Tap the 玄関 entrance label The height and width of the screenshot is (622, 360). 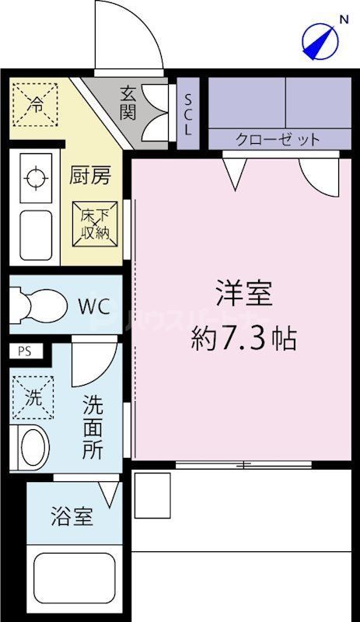click(x=128, y=103)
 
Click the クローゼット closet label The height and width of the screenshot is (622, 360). click(x=278, y=140)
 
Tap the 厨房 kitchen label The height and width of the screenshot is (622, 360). click(x=92, y=175)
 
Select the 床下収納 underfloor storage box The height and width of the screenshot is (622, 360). click(x=96, y=222)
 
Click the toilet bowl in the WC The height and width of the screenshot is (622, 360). click(x=39, y=302)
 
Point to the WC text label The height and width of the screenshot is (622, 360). click(x=93, y=304)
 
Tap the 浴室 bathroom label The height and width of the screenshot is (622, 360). click(x=72, y=516)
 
